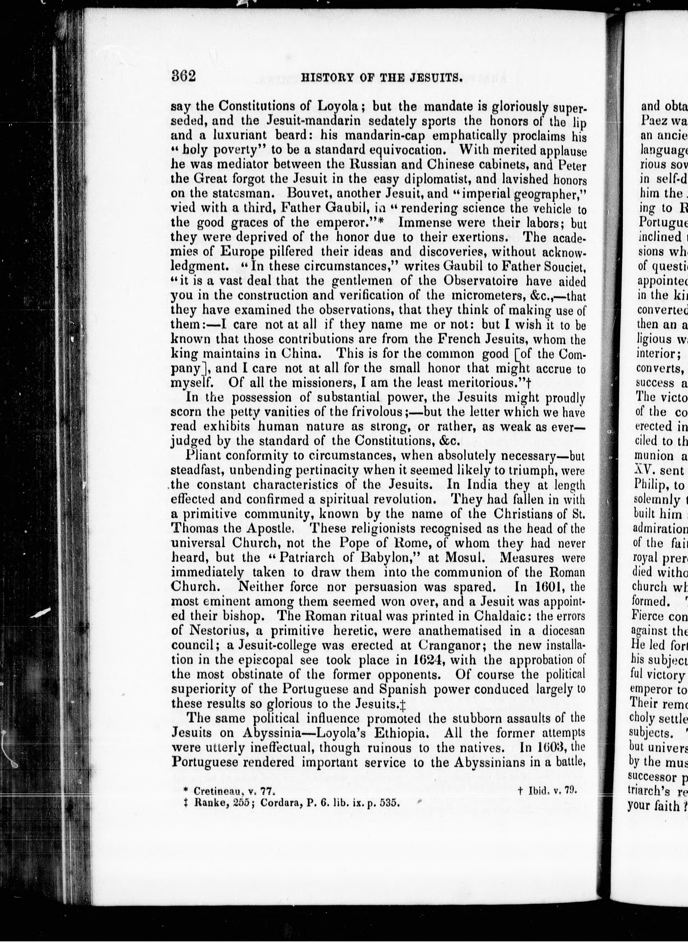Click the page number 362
183,76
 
